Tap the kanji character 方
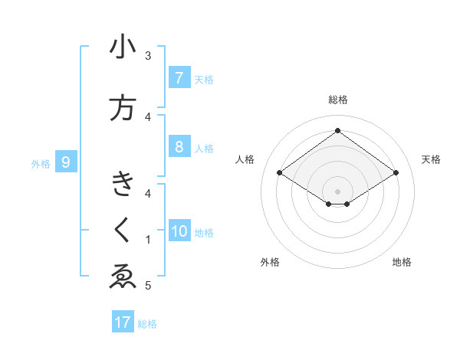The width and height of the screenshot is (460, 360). point(123,108)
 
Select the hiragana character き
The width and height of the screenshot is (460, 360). point(123,185)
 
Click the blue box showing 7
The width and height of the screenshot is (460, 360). point(179,78)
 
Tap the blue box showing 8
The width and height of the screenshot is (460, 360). point(179,147)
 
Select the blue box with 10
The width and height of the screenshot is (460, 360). point(179,231)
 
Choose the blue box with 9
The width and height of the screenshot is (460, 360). point(66,162)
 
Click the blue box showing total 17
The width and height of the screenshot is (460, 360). point(123,322)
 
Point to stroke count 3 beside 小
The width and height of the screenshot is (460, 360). point(147,56)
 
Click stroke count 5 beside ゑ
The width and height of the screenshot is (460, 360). point(147,286)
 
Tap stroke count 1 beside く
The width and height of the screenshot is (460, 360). point(147,240)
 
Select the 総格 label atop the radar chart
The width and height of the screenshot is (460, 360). point(337,100)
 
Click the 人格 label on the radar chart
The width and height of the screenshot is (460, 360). point(245,159)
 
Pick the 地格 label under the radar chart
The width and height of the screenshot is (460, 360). point(402,262)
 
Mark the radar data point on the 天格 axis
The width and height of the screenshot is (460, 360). point(396,173)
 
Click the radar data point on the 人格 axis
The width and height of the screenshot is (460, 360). point(280,173)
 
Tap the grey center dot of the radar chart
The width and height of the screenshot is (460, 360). point(337,191)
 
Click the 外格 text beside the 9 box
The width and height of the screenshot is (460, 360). point(41,163)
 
